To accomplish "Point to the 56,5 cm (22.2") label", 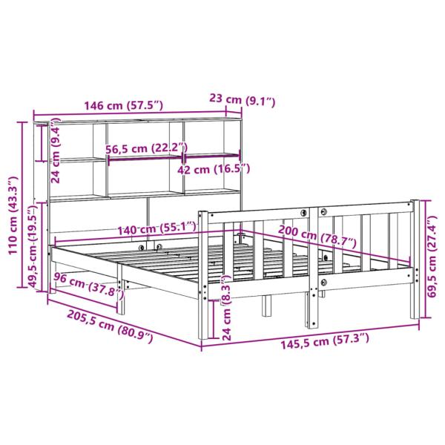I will [146, 148].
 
